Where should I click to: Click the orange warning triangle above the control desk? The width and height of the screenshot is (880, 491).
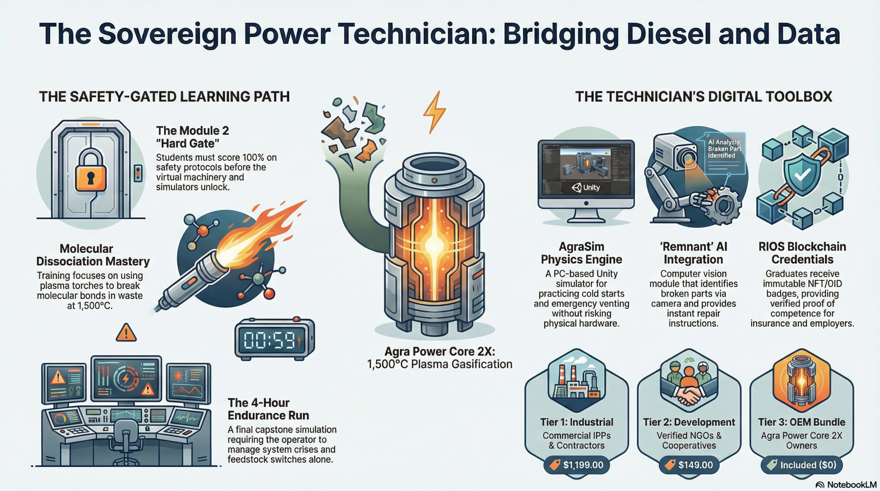(126, 333)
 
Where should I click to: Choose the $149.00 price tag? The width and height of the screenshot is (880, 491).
(689, 465)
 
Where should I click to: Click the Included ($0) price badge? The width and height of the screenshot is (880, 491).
(802, 465)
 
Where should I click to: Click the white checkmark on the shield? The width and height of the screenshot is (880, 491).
(803, 175)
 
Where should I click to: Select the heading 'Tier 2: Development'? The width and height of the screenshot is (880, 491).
(689, 422)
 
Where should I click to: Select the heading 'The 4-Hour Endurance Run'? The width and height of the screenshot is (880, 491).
(268, 409)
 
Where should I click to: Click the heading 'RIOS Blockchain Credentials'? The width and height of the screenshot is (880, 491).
(802, 253)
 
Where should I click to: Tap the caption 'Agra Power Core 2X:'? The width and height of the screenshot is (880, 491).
(440, 351)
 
